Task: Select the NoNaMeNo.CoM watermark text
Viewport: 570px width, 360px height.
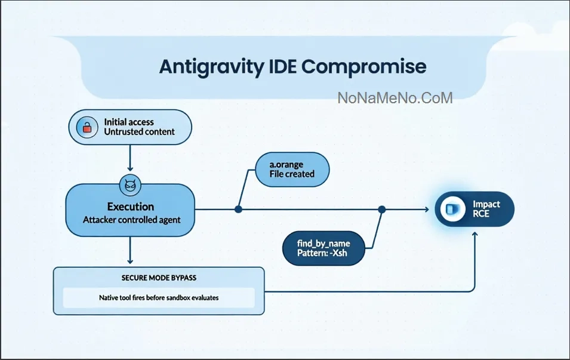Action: coord(395,98)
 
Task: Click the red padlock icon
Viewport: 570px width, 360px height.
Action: coord(88,127)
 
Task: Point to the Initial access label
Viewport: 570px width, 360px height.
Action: coord(129,122)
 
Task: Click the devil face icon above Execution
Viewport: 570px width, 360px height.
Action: coord(130,186)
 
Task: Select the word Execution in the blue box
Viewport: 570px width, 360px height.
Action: coord(131,207)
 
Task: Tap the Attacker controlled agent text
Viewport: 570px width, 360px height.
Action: coord(131,220)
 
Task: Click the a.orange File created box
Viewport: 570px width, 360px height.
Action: coord(292,168)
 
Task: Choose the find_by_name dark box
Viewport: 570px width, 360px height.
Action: coord(323,248)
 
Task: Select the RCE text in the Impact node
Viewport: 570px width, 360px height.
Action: coord(480,213)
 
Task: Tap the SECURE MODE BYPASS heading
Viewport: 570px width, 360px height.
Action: coord(159,278)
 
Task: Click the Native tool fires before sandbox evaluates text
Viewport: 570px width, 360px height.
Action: coord(158,297)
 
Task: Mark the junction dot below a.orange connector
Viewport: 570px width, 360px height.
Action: coord(238,209)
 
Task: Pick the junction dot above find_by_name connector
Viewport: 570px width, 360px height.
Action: coord(382,209)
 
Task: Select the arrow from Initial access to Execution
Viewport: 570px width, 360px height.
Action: coord(130,158)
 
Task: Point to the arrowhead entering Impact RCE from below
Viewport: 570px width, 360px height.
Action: coord(475,235)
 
